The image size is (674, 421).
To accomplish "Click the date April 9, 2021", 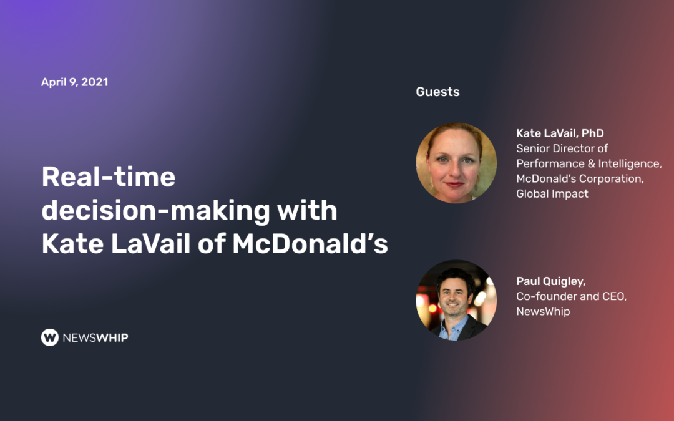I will (74, 82).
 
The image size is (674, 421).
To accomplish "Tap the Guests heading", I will (437, 92).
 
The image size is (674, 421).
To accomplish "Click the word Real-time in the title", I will (109, 177).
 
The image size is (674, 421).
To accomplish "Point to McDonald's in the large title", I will (310, 244).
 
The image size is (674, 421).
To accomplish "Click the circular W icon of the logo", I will (50, 337).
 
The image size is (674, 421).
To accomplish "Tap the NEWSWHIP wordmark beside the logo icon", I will (95, 337).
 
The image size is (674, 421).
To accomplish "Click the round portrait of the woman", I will (456, 163).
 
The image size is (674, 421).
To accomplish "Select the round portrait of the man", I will (456, 300).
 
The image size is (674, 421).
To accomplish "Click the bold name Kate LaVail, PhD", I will (560, 133).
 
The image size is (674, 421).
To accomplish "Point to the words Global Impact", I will (552, 194).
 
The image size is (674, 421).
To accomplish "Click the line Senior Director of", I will (562, 148).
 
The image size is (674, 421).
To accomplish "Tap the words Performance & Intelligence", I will (589, 163).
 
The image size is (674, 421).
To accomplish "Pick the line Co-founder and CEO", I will (571, 296).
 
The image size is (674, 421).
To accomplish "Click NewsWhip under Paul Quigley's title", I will (543, 311).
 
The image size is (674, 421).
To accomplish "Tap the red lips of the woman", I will (455, 184).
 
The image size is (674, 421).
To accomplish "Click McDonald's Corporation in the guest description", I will (580, 179).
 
